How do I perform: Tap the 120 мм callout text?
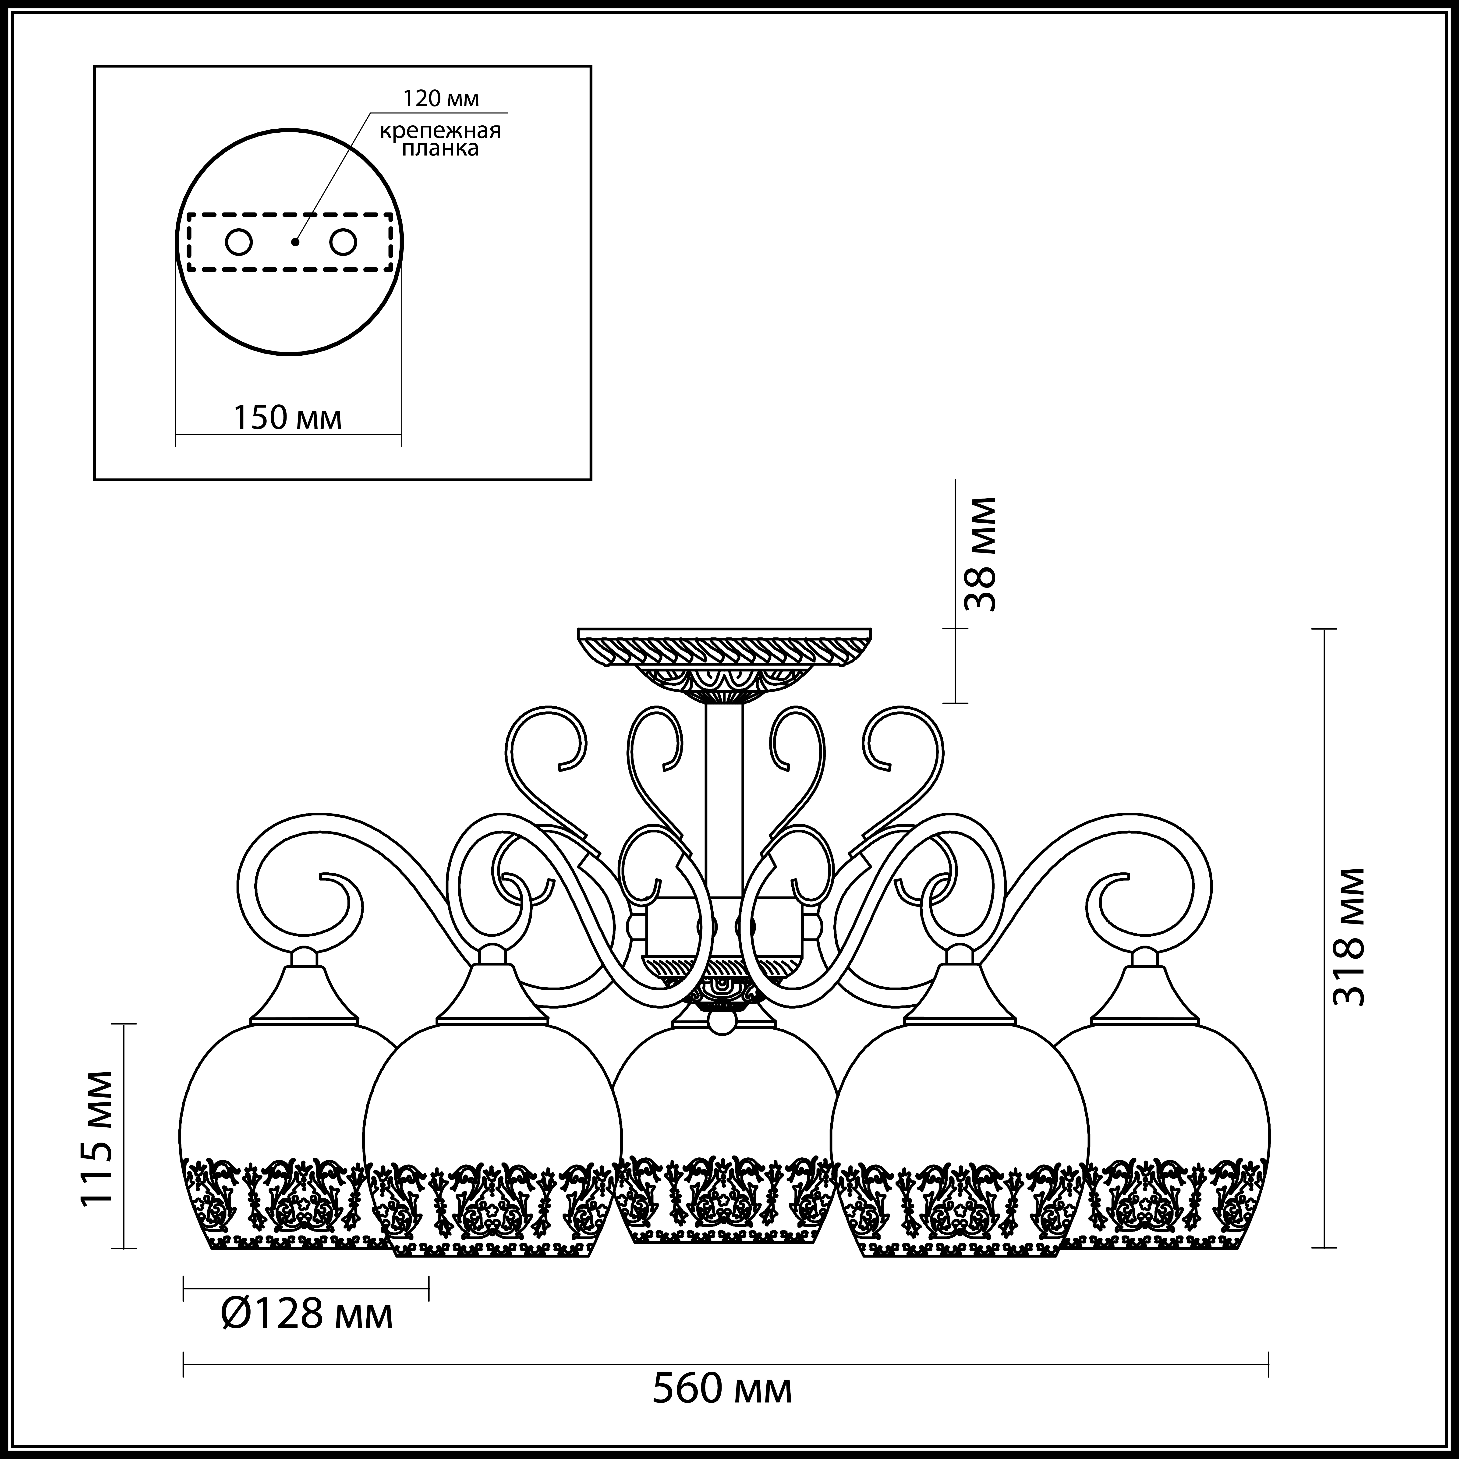[x=440, y=99]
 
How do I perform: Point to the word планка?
[x=440, y=149]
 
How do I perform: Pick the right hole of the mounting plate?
[x=342, y=242]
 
